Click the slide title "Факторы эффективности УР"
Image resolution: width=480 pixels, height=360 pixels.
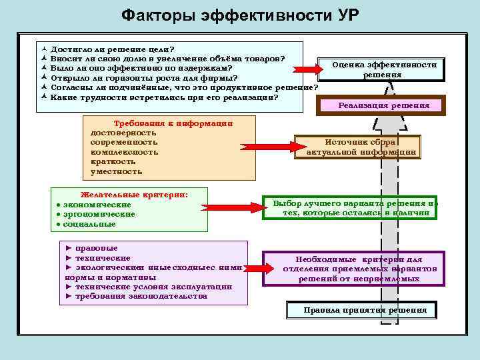240,15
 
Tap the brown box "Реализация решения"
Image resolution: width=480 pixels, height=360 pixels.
383,105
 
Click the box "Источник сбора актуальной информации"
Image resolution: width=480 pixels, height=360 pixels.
361,147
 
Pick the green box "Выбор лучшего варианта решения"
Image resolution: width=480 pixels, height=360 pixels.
351,207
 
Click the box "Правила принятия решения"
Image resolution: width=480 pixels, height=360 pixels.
360,311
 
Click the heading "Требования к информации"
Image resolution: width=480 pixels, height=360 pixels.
173,123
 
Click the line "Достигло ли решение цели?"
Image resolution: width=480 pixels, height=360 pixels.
113,49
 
